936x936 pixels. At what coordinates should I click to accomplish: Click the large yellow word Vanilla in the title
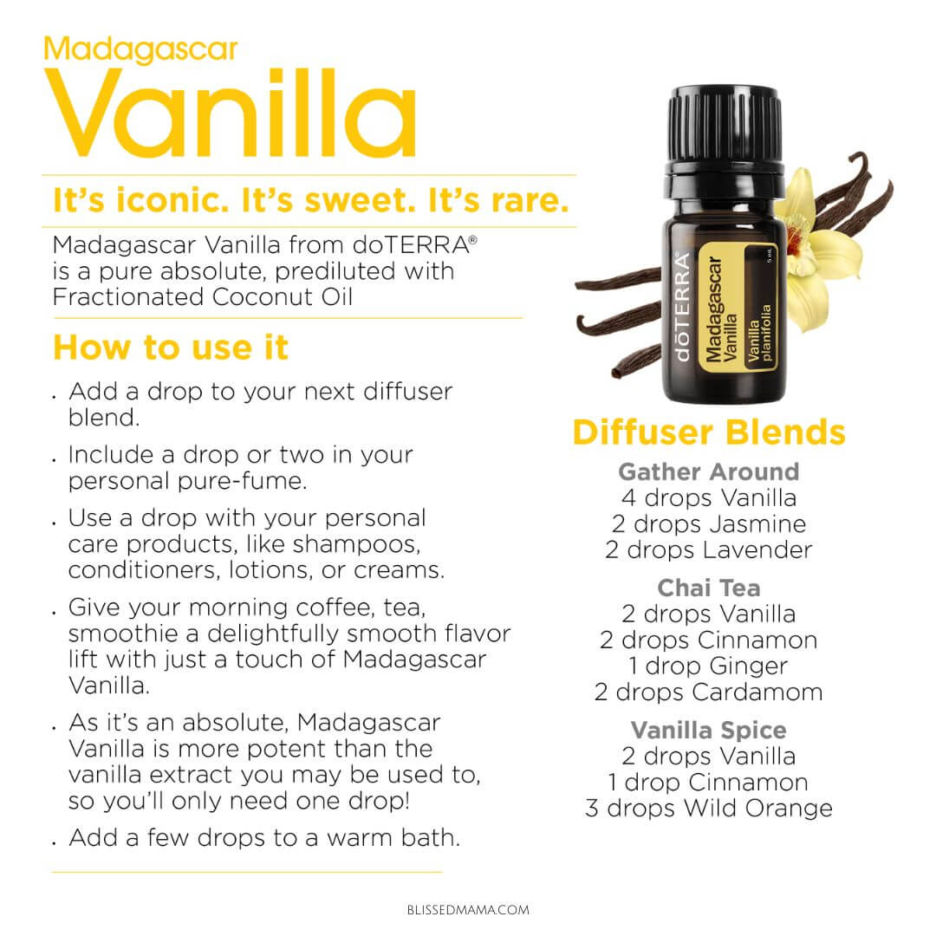pyautogui.click(x=231, y=114)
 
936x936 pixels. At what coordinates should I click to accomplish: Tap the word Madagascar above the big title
pyautogui.click(x=141, y=50)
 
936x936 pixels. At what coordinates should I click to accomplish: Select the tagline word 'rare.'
pyautogui.click(x=529, y=200)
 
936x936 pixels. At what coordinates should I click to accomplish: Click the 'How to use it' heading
pyautogui.click(x=171, y=348)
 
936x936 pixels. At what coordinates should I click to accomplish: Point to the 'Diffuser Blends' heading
pyautogui.click(x=709, y=432)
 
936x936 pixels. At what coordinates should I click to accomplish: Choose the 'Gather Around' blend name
pyautogui.click(x=709, y=471)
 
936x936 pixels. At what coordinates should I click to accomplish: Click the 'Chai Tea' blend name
pyautogui.click(x=709, y=588)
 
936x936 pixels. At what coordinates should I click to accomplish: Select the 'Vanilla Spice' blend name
pyautogui.click(x=709, y=730)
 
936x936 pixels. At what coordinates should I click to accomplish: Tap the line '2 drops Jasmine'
pyautogui.click(x=709, y=524)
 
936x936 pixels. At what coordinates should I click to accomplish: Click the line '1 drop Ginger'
pyautogui.click(x=709, y=666)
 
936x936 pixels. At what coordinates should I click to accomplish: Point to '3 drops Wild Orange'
pyautogui.click(x=709, y=809)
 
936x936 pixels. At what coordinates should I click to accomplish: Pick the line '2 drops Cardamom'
pyautogui.click(x=709, y=692)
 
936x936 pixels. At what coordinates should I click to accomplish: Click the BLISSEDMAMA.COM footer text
pyautogui.click(x=468, y=910)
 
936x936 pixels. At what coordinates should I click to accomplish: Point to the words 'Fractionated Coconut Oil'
pyautogui.click(x=202, y=297)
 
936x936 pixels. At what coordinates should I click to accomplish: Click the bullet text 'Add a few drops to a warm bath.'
pyautogui.click(x=264, y=838)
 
